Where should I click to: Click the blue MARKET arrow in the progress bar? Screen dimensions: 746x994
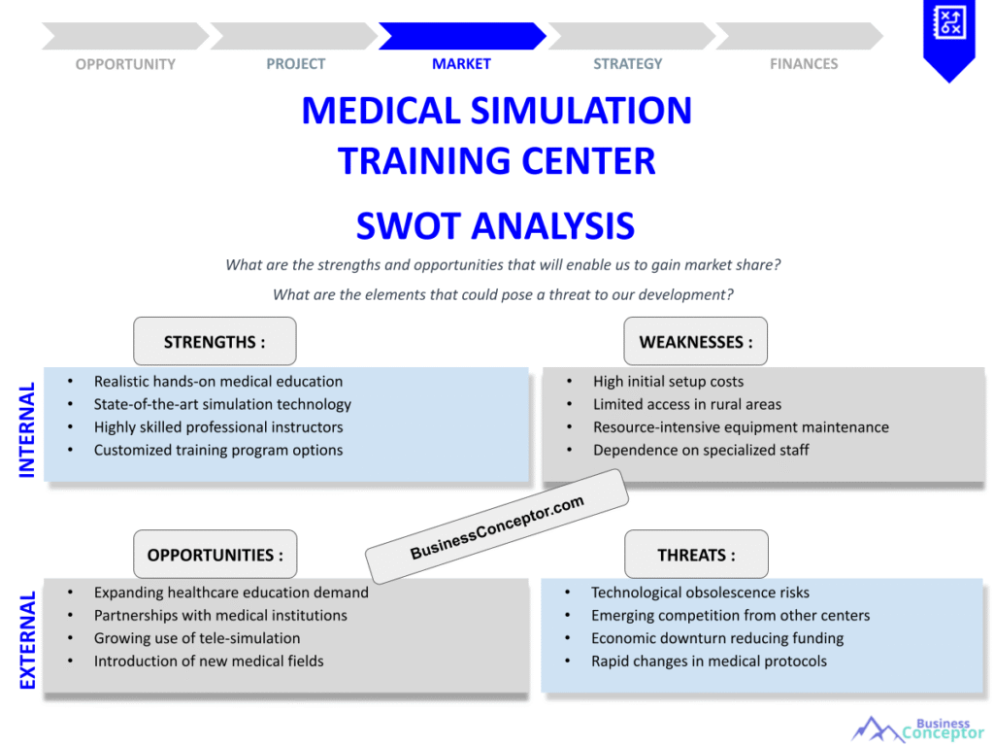461,36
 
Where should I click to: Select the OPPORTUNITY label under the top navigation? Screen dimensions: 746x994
125,64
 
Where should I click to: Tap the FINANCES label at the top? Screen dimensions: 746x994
804,64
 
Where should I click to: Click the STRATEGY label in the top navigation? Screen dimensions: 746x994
628,64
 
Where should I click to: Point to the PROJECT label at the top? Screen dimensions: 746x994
296,64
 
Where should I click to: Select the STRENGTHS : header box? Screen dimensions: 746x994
215,342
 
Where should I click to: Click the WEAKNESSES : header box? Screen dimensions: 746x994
695,342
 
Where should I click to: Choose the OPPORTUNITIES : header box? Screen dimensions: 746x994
215,555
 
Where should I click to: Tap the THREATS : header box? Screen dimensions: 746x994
696,555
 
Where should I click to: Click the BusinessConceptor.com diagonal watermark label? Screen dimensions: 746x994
497,526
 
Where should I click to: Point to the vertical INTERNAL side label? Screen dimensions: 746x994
27,429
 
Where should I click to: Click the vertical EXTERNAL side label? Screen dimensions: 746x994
27,640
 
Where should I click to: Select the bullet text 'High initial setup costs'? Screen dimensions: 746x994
668,382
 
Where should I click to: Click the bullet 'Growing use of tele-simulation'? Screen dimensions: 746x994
197,638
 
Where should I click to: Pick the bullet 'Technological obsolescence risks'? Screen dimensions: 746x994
700,593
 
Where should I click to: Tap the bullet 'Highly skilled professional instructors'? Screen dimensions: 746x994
218,427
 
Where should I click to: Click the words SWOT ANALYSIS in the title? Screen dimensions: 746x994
495,226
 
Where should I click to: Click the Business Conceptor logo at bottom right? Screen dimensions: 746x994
917,729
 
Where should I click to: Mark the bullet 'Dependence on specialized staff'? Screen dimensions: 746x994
701,450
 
